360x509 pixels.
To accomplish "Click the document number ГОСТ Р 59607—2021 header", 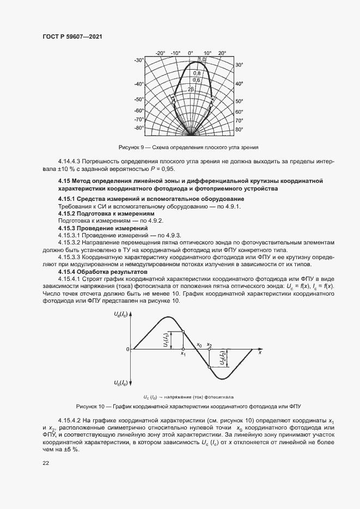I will click(72, 36).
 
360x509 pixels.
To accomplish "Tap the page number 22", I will click(46, 463).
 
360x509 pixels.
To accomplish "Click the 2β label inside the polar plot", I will click(191, 88).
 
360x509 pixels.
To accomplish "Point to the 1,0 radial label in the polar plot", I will click(202, 59).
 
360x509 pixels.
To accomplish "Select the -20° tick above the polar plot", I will click(160, 53).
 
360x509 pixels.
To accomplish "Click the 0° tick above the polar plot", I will click(191, 53).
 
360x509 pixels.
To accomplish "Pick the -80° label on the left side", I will click(139, 128).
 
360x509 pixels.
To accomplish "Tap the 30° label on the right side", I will click(239, 65).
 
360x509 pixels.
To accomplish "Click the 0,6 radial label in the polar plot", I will click(197, 80).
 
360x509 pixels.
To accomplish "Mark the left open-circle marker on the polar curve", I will click(173, 100).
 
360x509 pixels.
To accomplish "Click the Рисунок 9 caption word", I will click(130, 147).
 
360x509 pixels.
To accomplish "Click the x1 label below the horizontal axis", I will click(184, 354).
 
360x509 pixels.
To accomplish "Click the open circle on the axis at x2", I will click(210, 349).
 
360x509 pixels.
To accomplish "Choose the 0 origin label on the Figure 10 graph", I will click(127, 349).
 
